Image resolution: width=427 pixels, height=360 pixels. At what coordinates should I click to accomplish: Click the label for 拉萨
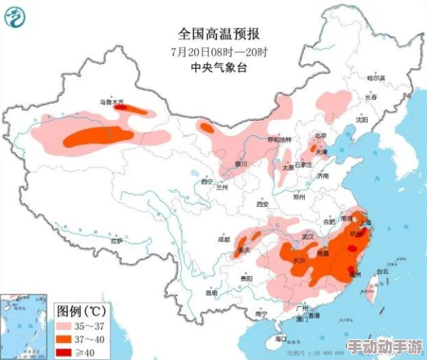coord(117,241)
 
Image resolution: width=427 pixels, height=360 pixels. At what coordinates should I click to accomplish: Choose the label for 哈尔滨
coord(376,77)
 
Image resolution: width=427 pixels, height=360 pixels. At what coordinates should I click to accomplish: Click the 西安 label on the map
coord(262,204)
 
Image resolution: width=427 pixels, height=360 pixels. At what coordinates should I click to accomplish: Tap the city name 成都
coord(224,239)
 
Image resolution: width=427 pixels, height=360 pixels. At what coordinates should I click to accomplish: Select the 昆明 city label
coord(211,292)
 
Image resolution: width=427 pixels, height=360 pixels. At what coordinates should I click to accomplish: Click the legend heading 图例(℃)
coord(81,312)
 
